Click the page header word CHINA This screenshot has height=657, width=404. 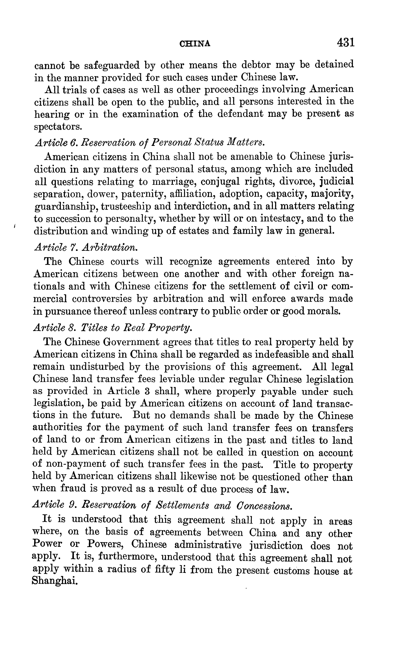pos(195,44)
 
